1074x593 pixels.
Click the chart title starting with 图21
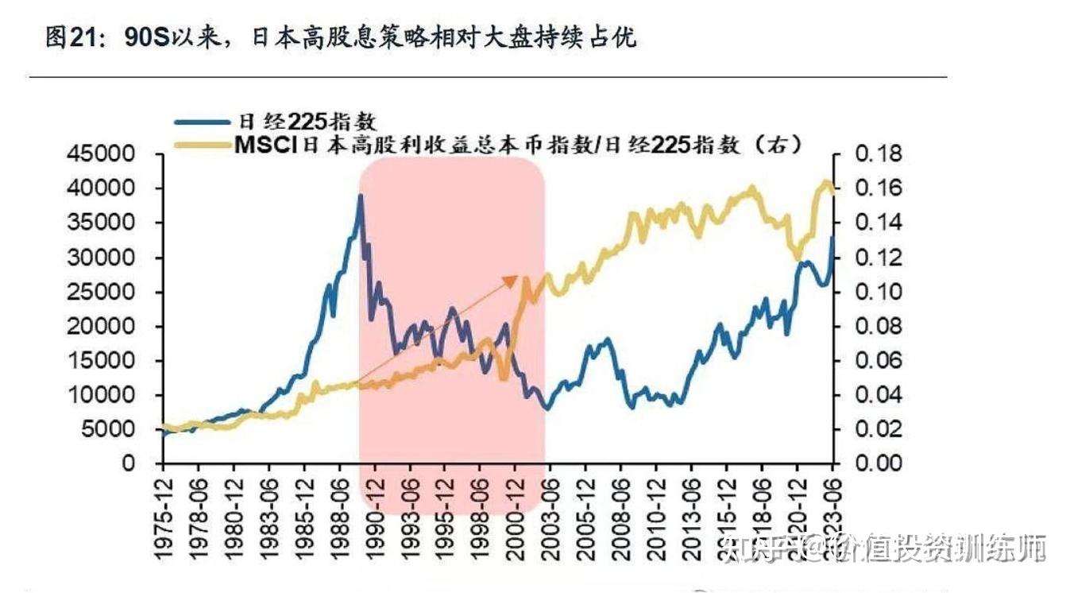click(x=342, y=37)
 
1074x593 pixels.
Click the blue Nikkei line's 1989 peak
click(x=361, y=196)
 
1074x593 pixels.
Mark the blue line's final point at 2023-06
click(x=833, y=237)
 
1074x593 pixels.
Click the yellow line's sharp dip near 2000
click(x=504, y=377)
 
